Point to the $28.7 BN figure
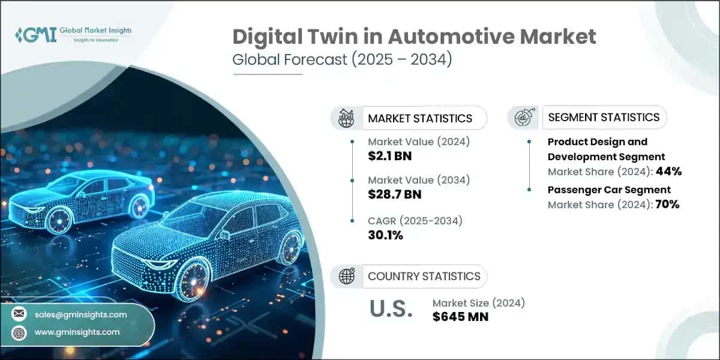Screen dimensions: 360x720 [x=395, y=194]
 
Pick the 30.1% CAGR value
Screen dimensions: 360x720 [x=385, y=235]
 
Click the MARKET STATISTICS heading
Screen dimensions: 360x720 [x=420, y=118]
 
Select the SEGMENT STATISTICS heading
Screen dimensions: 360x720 [x=604, y=117]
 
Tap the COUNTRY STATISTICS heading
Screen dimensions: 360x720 [x=424, y=277]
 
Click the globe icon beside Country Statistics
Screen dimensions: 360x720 [x=347, y=277]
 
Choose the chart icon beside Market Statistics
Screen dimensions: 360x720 [x=347, y=118]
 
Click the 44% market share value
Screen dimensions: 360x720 [x=668, y=172]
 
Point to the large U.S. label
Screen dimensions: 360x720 [x=391, y=309]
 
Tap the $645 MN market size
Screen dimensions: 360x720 [x=460, y=317]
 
